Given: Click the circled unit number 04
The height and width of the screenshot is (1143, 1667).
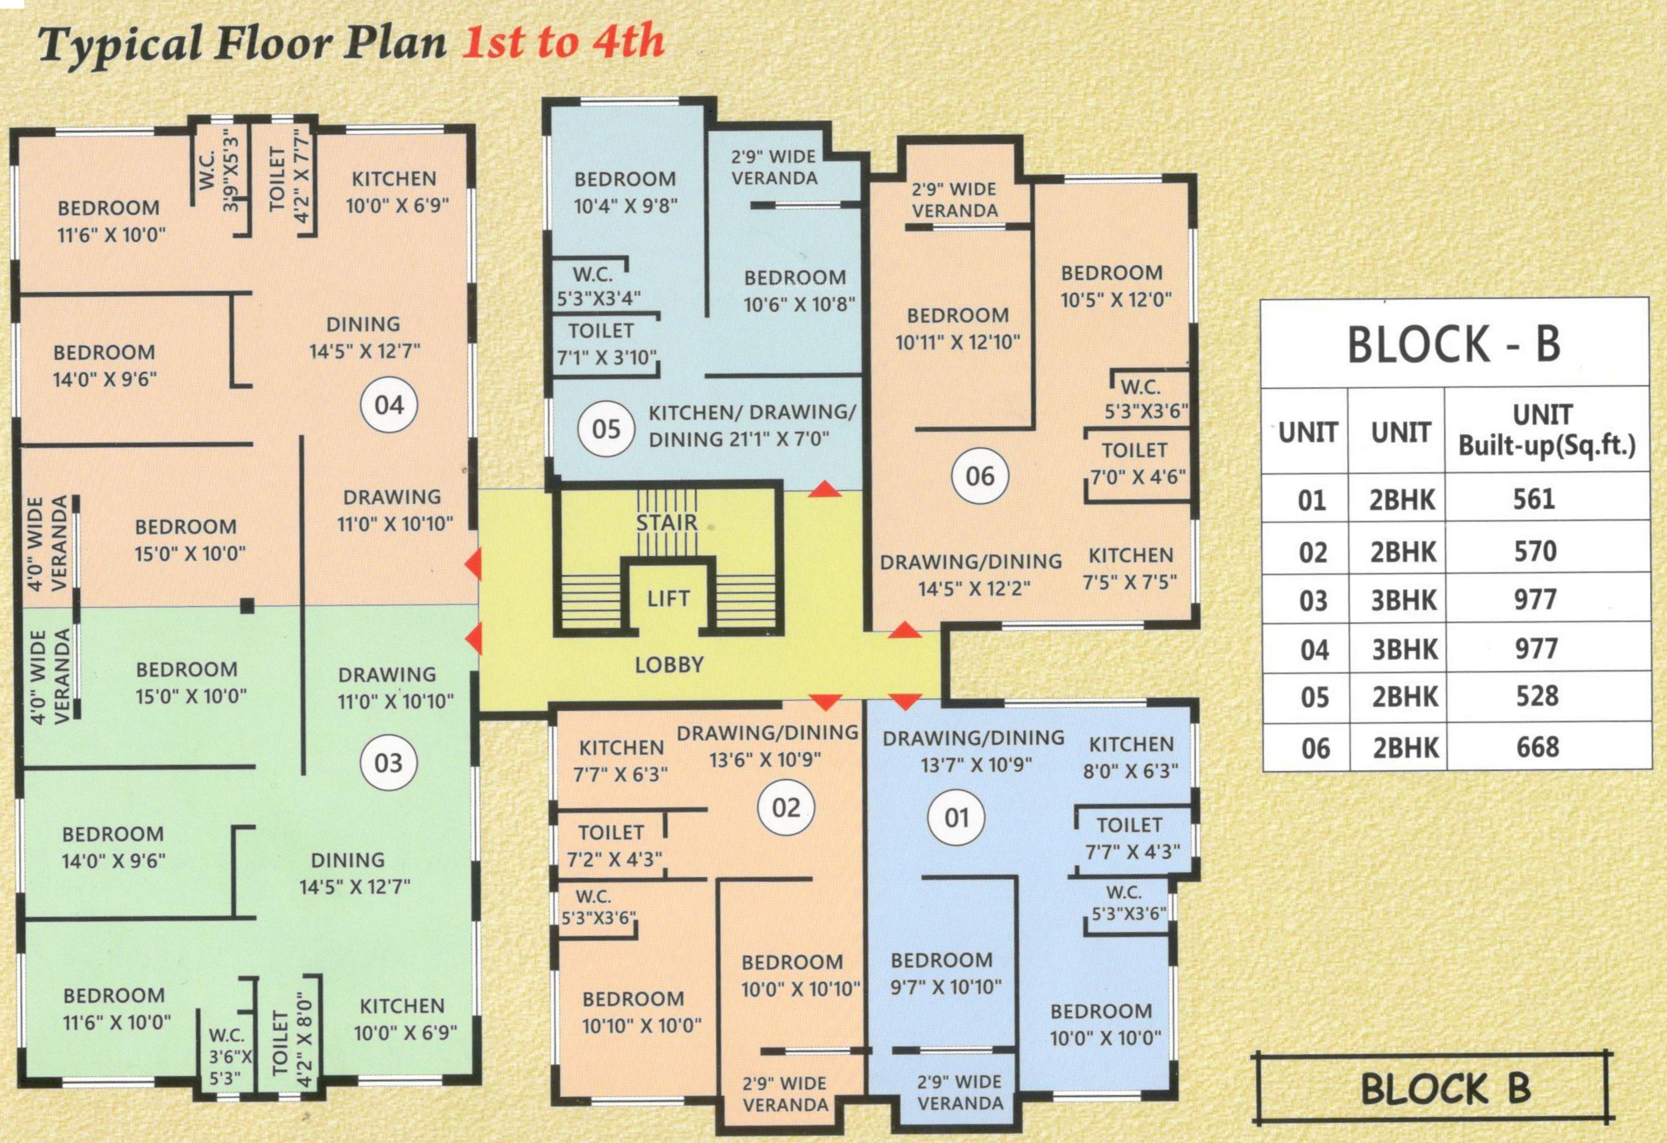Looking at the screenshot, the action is point(389,405).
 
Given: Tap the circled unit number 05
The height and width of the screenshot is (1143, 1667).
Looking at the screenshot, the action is point(606,429).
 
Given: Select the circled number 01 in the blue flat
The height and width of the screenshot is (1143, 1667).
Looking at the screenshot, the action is point(956,817).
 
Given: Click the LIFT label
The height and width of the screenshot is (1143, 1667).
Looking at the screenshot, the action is point(669,598).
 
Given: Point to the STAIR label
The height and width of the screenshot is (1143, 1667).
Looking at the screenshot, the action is point(667,522).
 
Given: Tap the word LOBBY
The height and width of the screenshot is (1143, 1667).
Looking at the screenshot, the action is point(669,665).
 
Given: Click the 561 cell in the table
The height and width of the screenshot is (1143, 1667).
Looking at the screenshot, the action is point(1534,499).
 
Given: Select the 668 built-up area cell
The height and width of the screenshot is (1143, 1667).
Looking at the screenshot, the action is point(1538,747).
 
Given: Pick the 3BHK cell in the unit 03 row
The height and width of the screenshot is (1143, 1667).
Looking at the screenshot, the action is point(1404,600).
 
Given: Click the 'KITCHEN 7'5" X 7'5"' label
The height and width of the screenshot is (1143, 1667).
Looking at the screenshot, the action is point(1130,569).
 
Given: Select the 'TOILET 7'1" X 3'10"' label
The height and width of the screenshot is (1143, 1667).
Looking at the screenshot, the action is point(607,343).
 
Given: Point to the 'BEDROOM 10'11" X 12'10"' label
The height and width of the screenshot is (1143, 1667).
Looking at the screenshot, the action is point(958,328).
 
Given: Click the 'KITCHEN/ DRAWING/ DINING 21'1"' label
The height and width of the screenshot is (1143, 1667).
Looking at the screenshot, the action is point(752,425).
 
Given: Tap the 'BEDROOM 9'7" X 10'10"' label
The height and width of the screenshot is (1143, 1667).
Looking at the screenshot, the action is point(945,973).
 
